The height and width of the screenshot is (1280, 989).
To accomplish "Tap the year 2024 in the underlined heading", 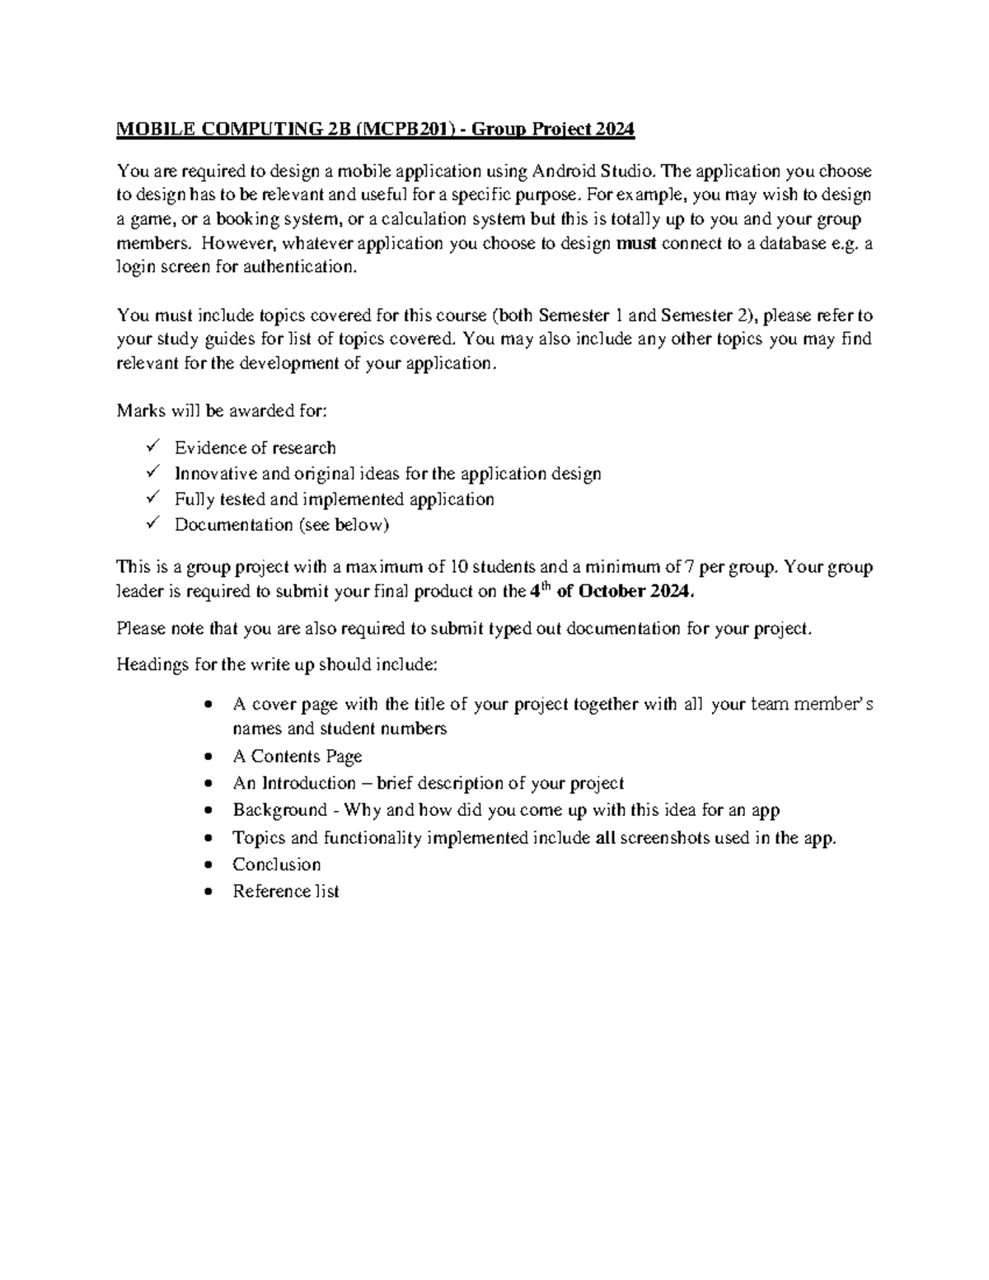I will [x=616, y=129].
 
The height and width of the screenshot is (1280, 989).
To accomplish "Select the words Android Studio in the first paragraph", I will [x=594, y=171].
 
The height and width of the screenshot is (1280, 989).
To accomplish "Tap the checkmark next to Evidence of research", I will [x=152, y=447].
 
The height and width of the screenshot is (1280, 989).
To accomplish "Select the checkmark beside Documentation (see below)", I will [x=152, y=523].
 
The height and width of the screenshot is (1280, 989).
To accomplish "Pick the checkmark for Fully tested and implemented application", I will [x=152, y=498].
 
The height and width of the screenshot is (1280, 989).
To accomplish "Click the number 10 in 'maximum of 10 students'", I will [x=459, y=566].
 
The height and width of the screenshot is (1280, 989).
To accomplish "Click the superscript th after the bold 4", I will [x=546, y=586].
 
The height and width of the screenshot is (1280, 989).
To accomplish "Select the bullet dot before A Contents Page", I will [x=212, y=757].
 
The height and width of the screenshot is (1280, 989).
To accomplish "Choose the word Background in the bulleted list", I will [x=279, y=810].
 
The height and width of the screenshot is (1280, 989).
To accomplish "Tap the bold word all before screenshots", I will [x=605, y=837].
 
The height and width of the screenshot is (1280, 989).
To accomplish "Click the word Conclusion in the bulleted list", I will [x=276, y=865].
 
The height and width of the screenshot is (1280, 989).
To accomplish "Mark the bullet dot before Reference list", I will [x=212, y=892].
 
